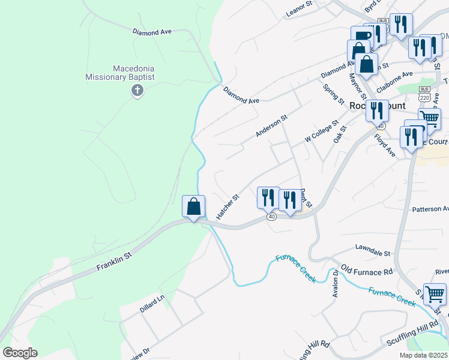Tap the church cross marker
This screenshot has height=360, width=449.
click(137, 91)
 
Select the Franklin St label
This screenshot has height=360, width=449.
click(114, 262)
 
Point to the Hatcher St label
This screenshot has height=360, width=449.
click(228, 205)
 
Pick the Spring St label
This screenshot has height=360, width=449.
click(331, 93)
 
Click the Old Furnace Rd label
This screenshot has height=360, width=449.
click(366, 269)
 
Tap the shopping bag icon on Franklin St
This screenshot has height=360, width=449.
click(193, 207)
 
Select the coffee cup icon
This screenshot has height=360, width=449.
click(361, 36)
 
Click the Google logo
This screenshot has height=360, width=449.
click(20, 353)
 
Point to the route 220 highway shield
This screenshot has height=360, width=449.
click(426, 96)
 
